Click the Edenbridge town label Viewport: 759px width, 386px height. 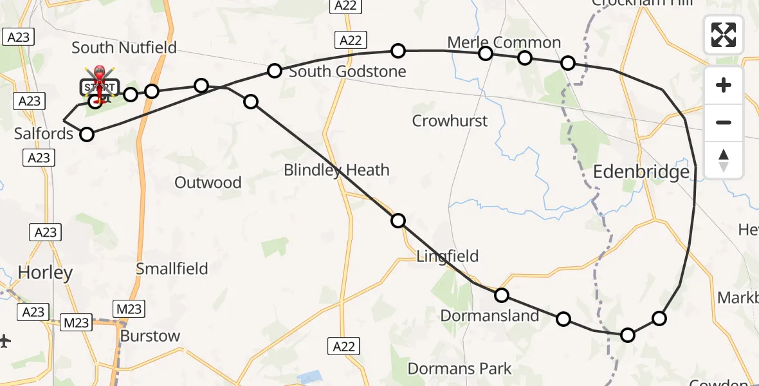(641, 172)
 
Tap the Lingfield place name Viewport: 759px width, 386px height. (448, 256)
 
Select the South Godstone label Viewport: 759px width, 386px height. (347, 71)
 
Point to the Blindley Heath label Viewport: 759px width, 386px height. (336, 170)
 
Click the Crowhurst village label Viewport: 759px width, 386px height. (450, 121)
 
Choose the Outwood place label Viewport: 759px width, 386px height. (208, 183)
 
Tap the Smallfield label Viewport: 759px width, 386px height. (172, 268)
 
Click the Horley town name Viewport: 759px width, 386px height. (45, 273)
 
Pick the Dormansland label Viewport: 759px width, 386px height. (489, 316)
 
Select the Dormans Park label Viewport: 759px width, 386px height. (460, 369)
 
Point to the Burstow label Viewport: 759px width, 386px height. (150, 336)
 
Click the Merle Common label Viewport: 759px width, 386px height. (504, 43)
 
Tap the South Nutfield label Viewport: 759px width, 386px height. (124, 48)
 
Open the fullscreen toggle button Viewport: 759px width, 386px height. (724, 34)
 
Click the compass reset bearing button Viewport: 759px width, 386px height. (724, 160)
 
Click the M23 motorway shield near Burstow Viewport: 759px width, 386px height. (129, 309)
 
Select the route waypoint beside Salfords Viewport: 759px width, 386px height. (86, 134)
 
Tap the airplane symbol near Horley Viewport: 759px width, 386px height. (5, 340)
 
